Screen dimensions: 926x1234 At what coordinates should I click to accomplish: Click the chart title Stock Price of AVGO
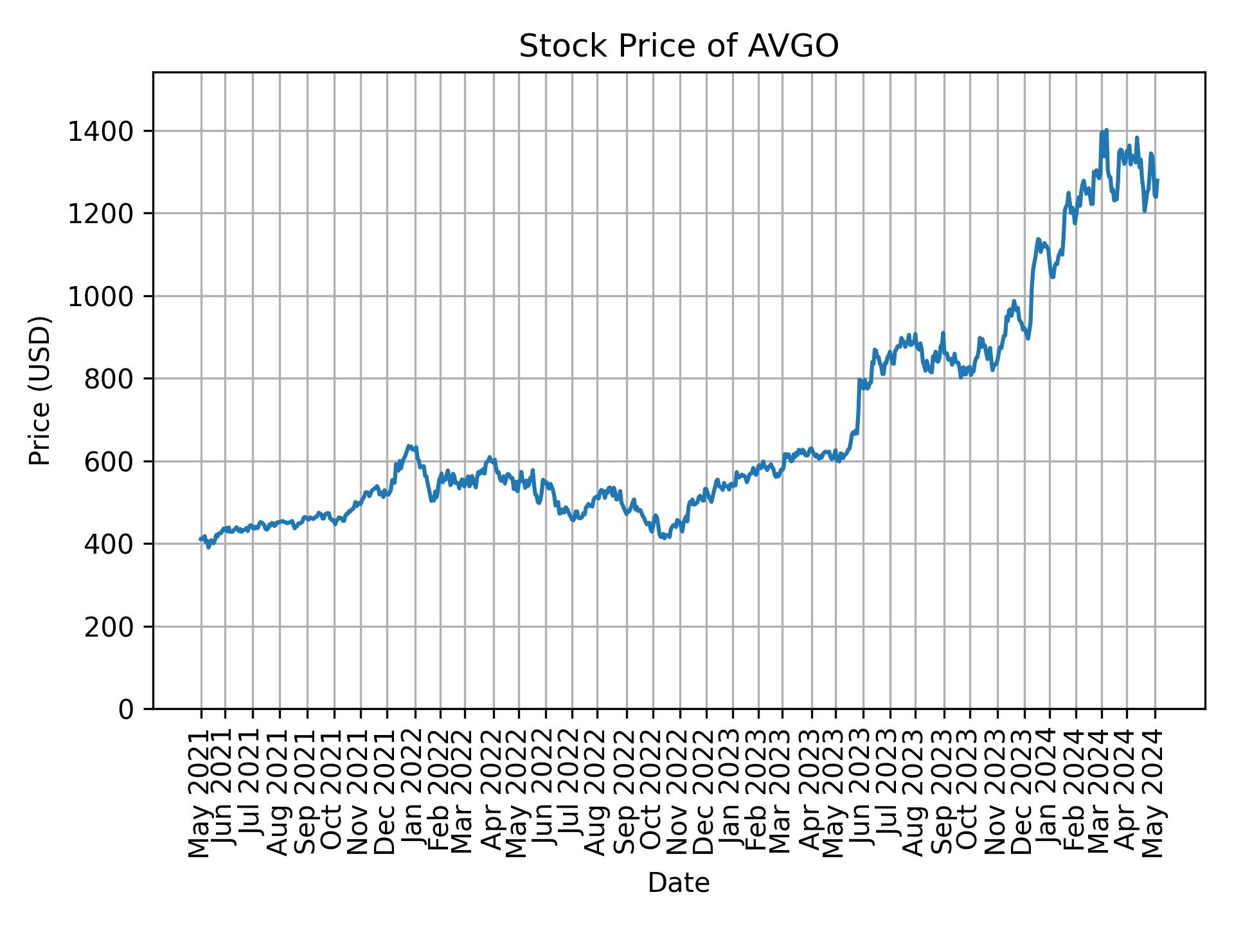pyautogui.click(x=678, y=47)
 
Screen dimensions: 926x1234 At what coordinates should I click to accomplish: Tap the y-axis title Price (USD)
pyautogui.click(x=40, y=390)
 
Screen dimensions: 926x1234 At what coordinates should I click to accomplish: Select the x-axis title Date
pyautogui.click(x=678, y=883)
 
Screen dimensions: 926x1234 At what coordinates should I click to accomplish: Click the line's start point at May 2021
pyautogui.click(x=201, y=540)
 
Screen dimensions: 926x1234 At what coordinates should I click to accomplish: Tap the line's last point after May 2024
pyautogui.click(x=1158, y=180)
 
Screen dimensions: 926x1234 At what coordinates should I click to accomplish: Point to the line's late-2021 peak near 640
pyautogui.click(x=409, y=445)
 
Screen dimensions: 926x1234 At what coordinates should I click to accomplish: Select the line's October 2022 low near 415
pyautogui.click(x=665, y=538)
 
